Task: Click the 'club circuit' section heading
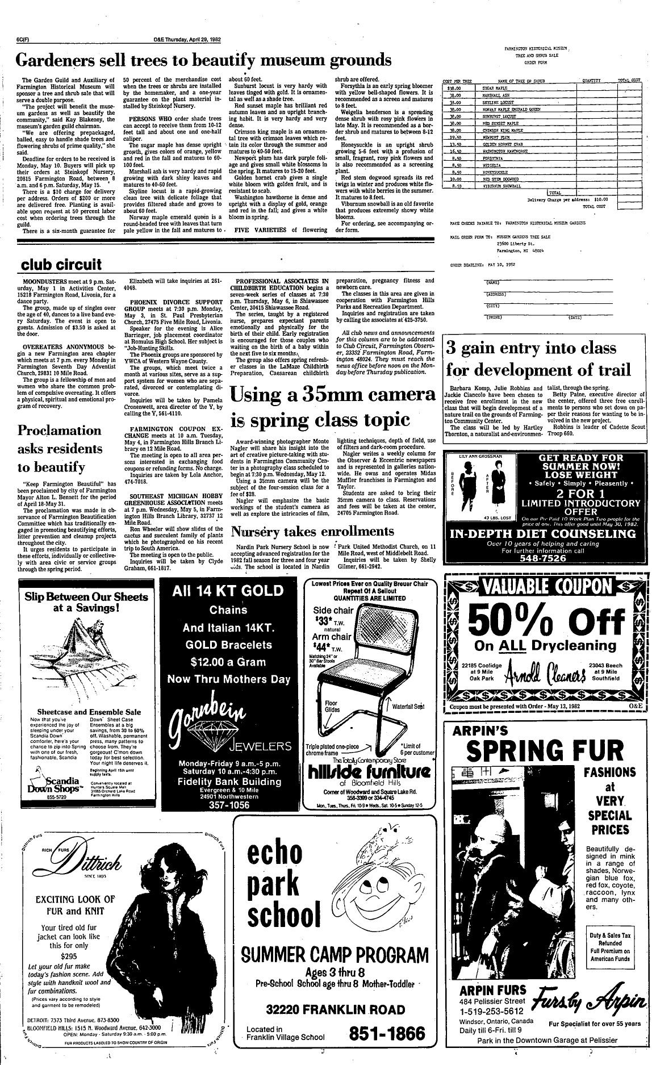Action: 61,264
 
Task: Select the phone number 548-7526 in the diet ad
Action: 543,558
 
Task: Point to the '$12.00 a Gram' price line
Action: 228,662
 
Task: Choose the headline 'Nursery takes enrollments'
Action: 312,532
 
